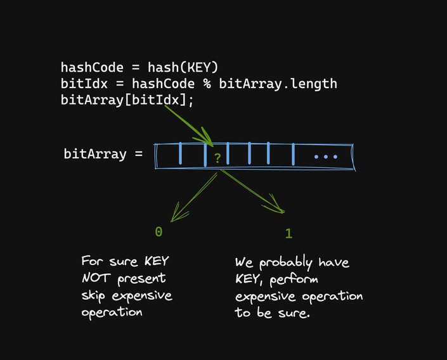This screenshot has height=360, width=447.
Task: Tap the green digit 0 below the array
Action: coord(159,232)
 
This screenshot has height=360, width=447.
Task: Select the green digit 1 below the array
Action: coord(288,233)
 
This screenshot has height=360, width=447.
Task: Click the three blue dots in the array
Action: coord(325,157)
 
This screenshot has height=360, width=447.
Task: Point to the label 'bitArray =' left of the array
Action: coord(103,153)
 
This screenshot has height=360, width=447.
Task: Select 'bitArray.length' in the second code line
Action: coord(278,84)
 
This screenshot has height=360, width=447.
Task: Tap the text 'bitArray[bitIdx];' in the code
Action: coord(126,100)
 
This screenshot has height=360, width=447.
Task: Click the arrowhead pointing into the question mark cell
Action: coord(209,139)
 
